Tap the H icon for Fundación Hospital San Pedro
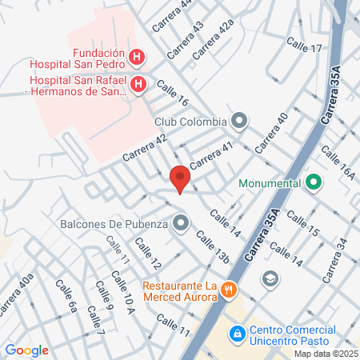pyautogui.click(x=138, y=58)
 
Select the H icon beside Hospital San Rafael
pyautogui.click(x=138, y=85)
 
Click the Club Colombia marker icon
pyautogui.click(x=239, y=122)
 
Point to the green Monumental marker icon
pyautogui.click(x=314, y=182)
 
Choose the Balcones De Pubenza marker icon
pyautogui.click(x=182, y=223)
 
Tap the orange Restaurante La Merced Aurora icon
pyautogui.click(x=230, y=290)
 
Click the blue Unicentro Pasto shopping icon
pyautogui.click(x=237, y=332)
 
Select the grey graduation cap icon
pyautogui.click(x=270, y=278)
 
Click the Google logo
pyautogui.click(x=27, y=350)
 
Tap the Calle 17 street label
pyautogui.click(x=305, y=49)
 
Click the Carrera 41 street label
pyautogui.click(x=210, y=151)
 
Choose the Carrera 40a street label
pyautogui.click(x=16, y=297)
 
